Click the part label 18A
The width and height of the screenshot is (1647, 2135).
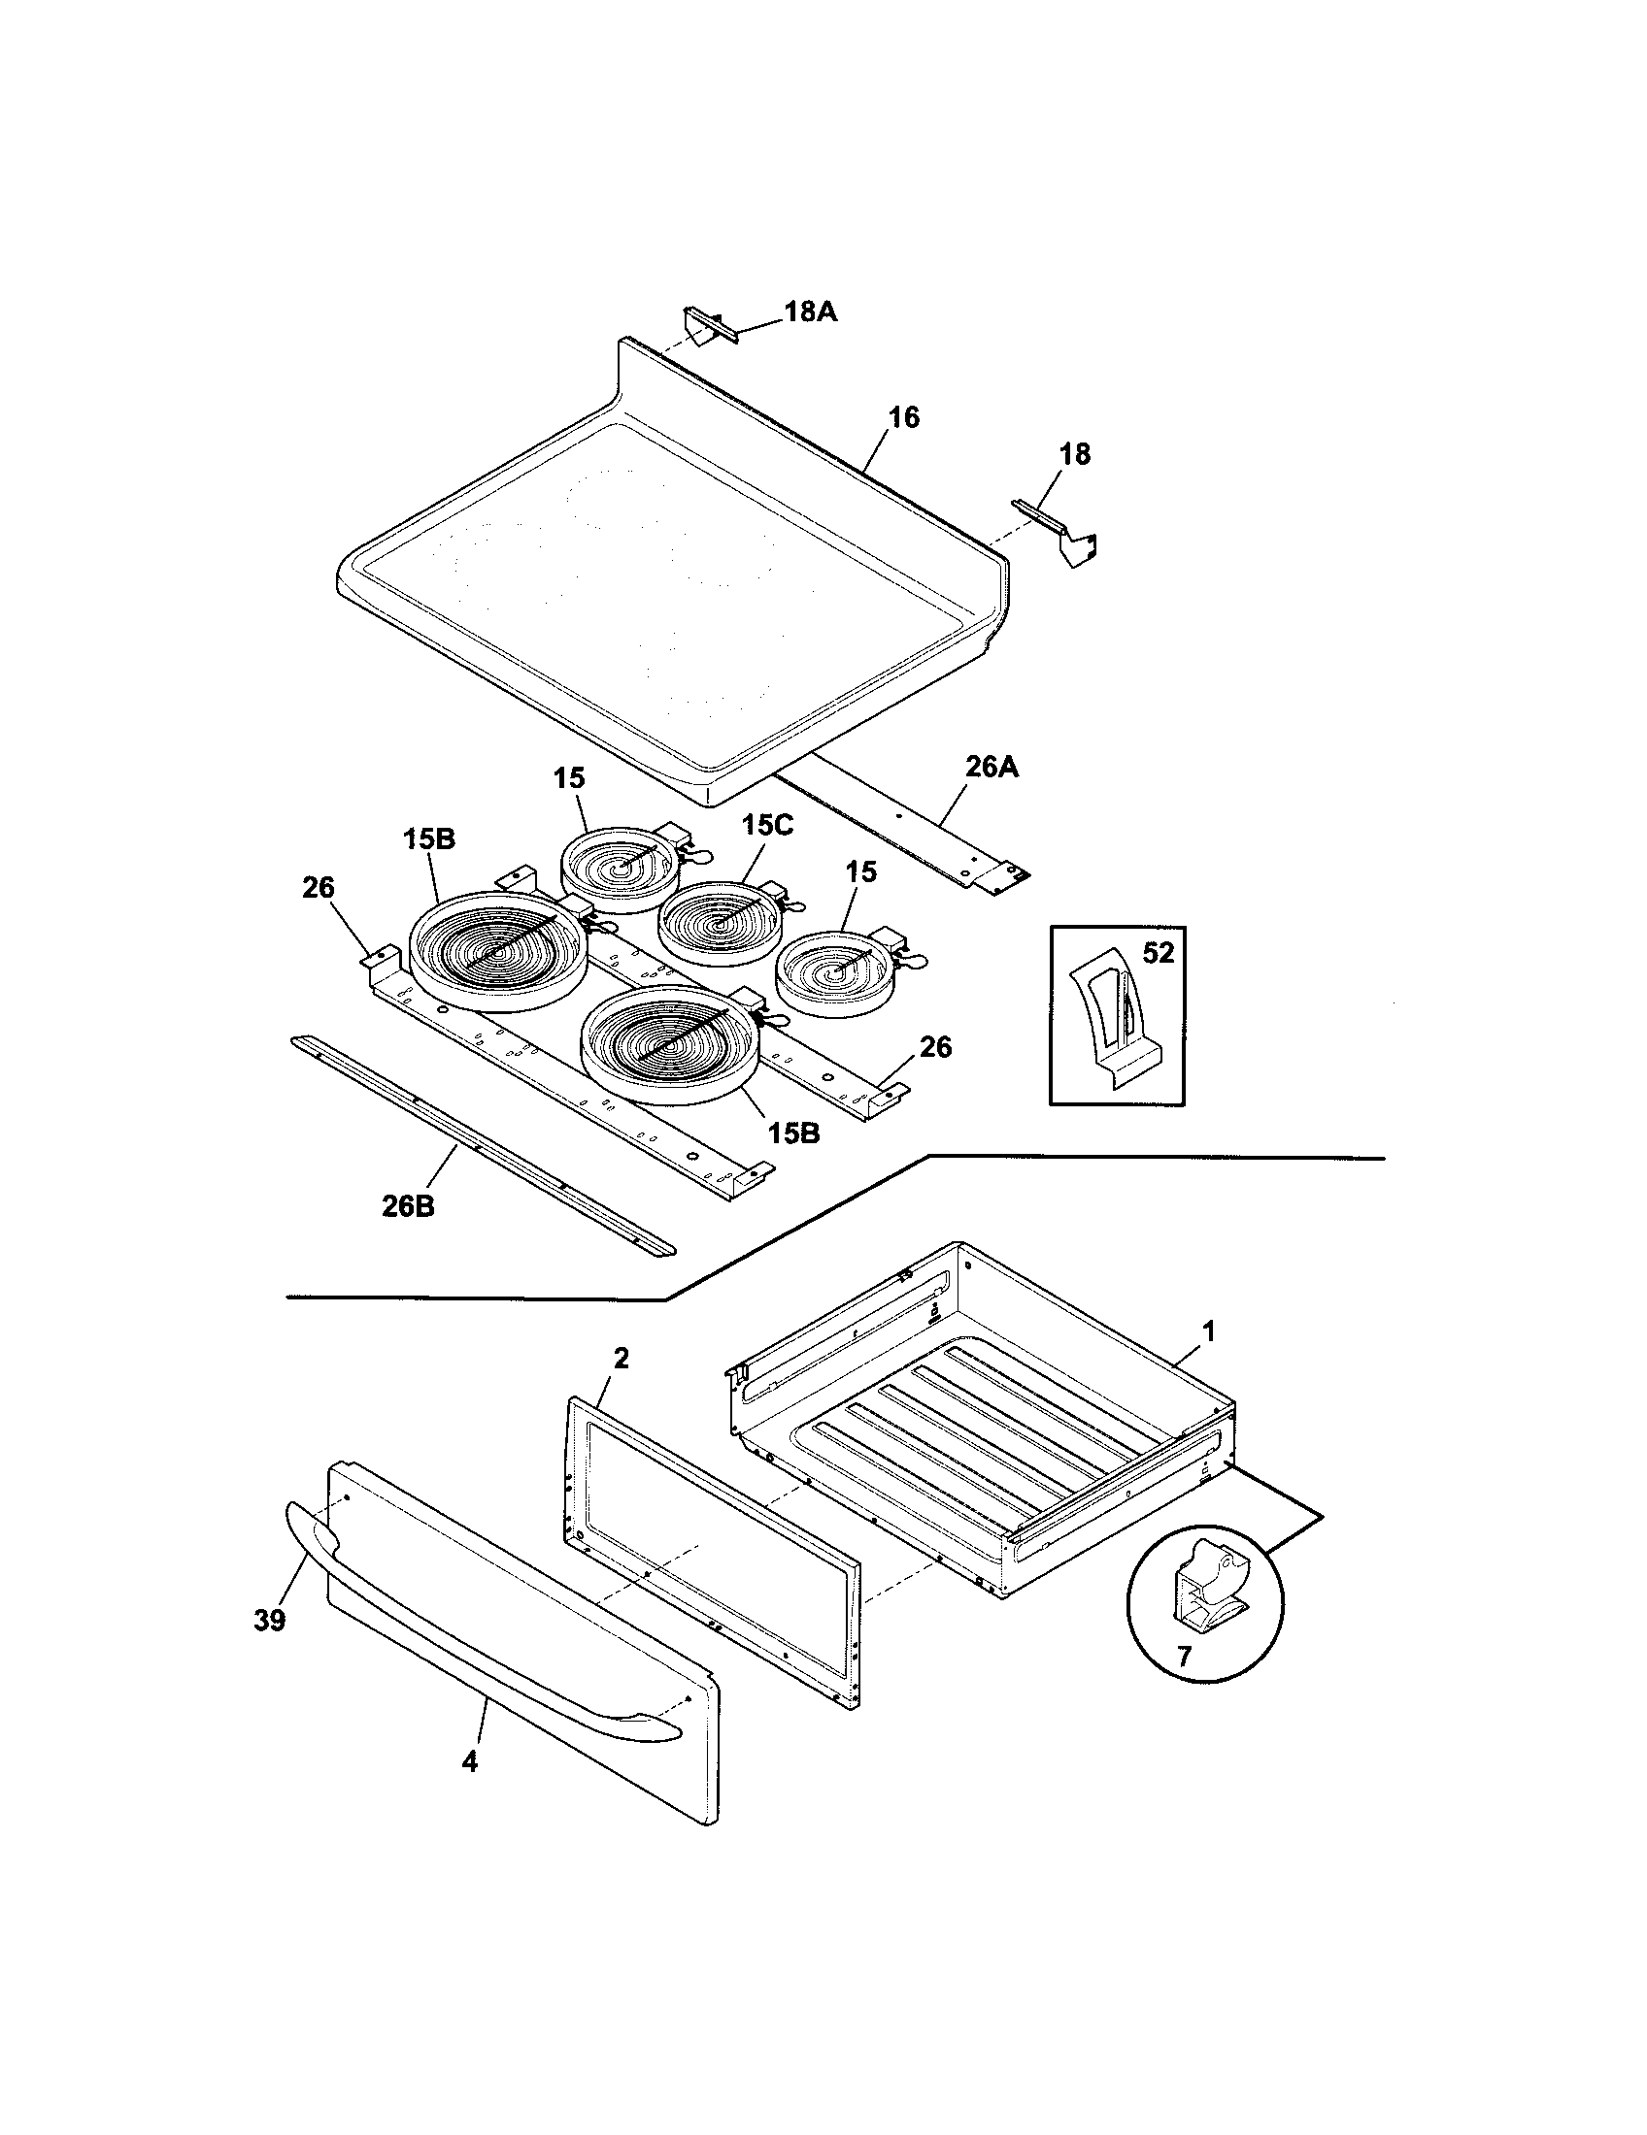pyautogui.click(x=810, y=312)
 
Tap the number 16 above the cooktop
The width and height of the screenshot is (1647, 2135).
pyautogui.click(x=903, y=417)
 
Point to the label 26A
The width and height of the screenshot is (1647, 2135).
pyautogui.click(x=992, y=767)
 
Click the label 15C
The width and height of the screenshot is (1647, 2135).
pyautogui.click(x=768, y=824)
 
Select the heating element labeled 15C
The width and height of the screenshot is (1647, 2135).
pyautogui.click(x=718, y=921)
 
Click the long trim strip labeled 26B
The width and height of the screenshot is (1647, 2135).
pyautogui.click(x=479, y=1144)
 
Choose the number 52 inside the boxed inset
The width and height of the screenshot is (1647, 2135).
pyautogui.click(x=1158, y=952)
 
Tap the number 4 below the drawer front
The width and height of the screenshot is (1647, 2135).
pyautogui.click(x=469, y=1762)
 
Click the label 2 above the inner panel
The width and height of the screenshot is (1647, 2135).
pyautogui.click(x=622, y=1358)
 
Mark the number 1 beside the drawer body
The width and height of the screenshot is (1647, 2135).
pyautogui.click(x=1208, y=1330)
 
